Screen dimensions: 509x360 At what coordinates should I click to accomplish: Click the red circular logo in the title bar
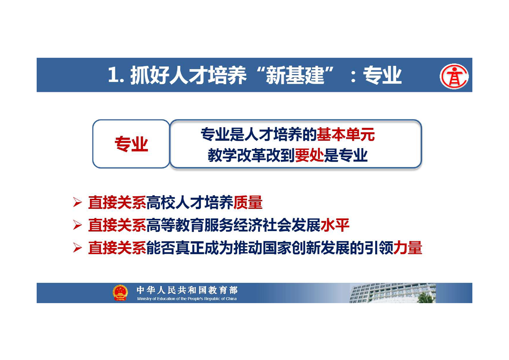454,76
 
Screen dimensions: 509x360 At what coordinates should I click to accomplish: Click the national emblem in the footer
120,293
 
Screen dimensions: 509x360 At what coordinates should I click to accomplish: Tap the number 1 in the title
113,75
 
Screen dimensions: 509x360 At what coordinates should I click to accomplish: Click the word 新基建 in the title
295,75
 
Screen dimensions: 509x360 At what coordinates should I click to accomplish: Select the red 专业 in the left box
132,144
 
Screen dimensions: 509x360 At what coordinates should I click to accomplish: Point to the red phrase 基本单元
346,134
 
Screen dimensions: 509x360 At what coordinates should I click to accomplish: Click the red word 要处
309,155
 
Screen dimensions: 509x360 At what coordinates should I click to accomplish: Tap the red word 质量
248,202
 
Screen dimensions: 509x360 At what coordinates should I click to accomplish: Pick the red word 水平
335,225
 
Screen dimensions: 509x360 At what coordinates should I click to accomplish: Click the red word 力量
407,247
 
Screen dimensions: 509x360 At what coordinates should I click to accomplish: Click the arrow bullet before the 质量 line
77,202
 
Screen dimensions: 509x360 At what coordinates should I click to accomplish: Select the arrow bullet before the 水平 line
77,225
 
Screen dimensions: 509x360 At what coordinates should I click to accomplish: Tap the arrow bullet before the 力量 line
77,248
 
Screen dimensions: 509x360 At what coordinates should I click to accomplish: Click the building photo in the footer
393,293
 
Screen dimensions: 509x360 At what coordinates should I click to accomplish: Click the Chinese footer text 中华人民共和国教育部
187,290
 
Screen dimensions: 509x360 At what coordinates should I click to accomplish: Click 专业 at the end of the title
382,75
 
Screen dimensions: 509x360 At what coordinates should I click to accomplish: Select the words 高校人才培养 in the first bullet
190,202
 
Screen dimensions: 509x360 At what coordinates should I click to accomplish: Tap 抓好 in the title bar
150,75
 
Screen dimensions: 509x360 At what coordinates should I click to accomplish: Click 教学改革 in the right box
237,155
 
